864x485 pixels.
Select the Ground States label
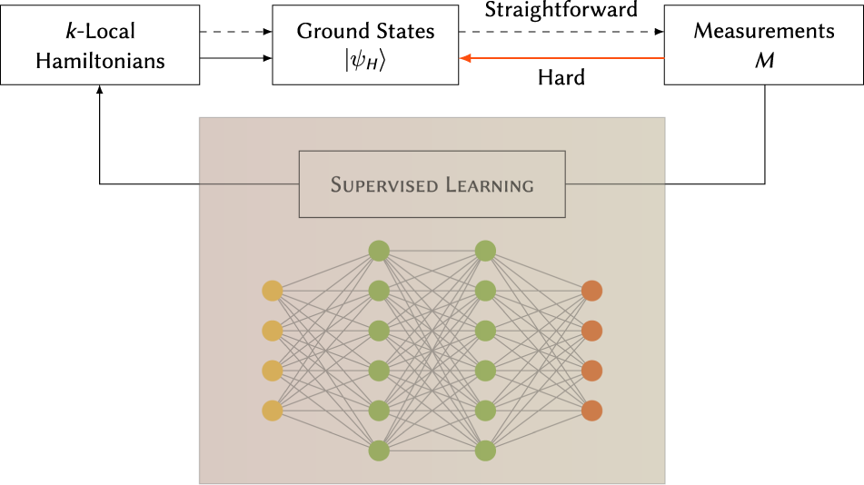[365, 32]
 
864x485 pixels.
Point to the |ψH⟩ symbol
[365, 61]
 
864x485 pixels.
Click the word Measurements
[763, 32]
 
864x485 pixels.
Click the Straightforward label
[561, 11]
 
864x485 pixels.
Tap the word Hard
[561, 78]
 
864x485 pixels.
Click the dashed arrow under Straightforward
[561, 32]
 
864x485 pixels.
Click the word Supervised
[382, 186]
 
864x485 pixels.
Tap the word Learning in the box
[489, 186]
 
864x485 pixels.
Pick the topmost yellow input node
[272, 292]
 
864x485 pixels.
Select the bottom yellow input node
[272, 411]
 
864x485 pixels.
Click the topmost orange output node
[591, 292]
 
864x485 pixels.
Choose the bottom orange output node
[591, 411]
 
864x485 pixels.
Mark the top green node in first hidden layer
[379, 251]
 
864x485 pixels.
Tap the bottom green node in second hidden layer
[485, 450]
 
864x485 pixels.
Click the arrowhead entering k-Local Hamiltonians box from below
[99, 91]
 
